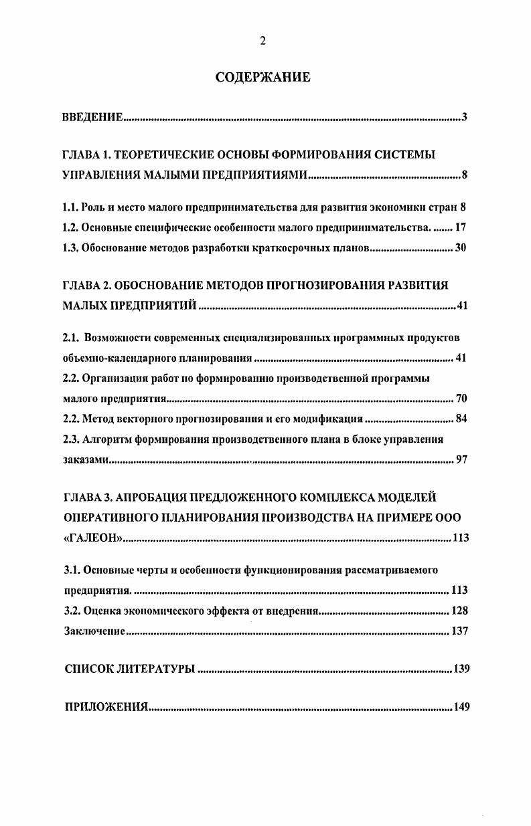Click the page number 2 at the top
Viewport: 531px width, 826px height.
tap(262, 41)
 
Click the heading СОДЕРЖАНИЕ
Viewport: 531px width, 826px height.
tap(262, 78)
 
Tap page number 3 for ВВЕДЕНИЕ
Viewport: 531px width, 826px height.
tap(463, 118)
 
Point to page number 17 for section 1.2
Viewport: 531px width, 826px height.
tap(460, 227)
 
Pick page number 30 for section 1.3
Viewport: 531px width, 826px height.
tap(460, 247)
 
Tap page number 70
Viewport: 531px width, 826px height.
tap(461, 399)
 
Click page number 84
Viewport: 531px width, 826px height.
tap(461, 419)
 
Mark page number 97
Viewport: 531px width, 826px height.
tap(461, 459)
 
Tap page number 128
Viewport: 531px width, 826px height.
tap(459, 610)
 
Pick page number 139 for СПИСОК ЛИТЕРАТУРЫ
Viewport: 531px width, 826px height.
tap(461, 668)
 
